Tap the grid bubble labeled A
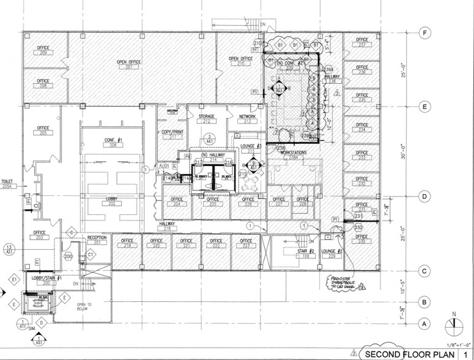[421, 323]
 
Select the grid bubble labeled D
[421, 197]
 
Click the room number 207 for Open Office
[129, 67]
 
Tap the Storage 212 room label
[206, 119]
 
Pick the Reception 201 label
[97, 240]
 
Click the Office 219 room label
[127, 243]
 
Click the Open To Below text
[85, 307]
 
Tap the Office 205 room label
[42, 130]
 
